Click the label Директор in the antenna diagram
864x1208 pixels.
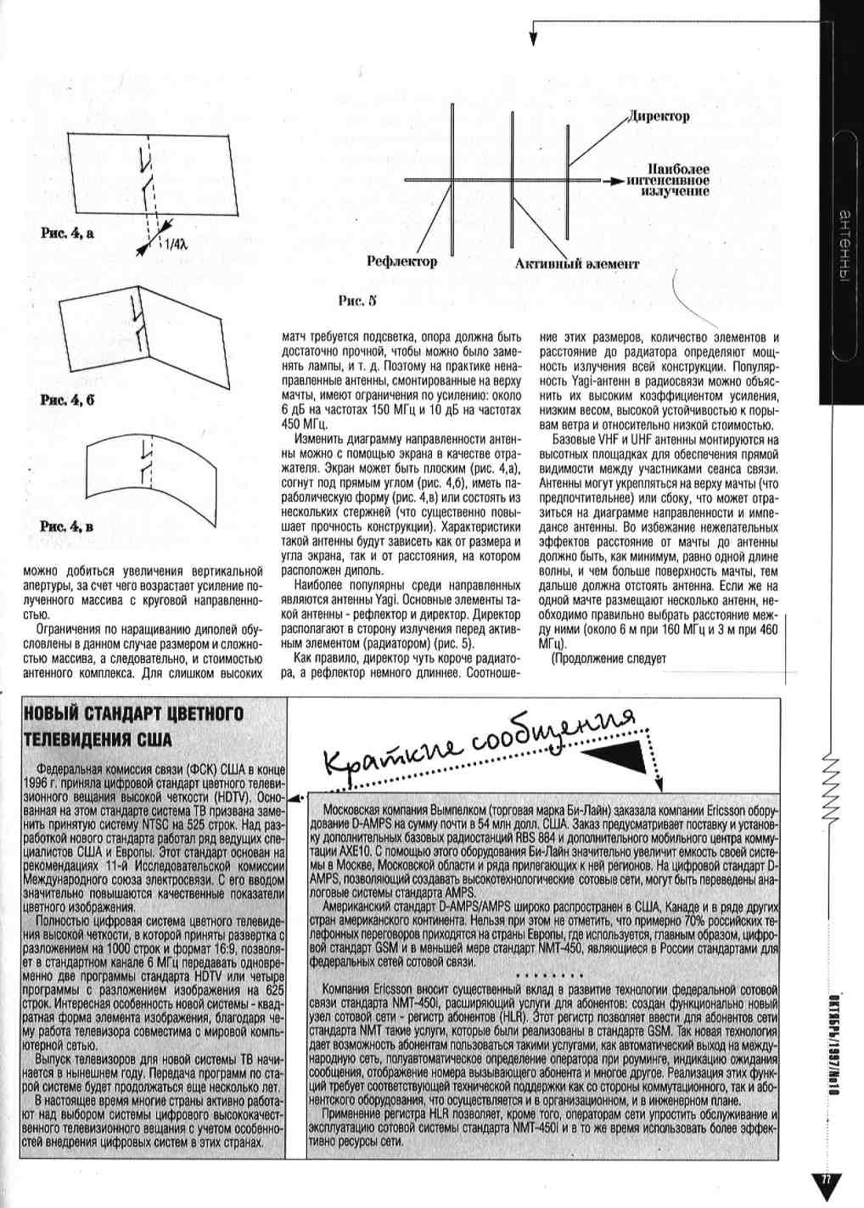click(x=659, y=116)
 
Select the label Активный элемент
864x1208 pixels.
click(x=576, y=263)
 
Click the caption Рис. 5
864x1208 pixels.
click(x=356, y=301)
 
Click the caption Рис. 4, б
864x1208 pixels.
click(x=67, y=400)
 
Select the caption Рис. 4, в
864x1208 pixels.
click(x=67, y=526)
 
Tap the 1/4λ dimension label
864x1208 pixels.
click(x=177, y=244)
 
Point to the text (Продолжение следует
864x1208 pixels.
click(x=609, y=658)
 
